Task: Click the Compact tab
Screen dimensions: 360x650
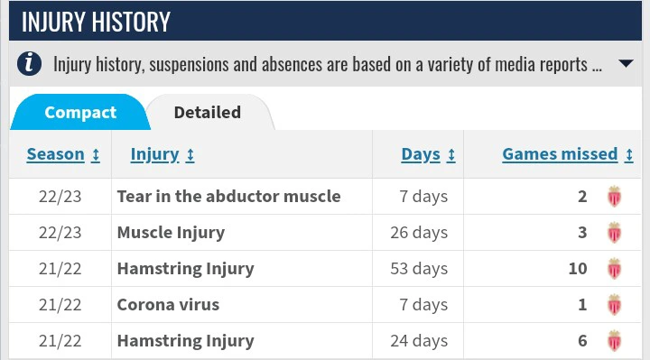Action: point(80,113)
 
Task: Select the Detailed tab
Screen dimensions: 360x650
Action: point(208,113)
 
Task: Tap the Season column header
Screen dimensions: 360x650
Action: point(62,154)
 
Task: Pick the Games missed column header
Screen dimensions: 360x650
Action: point(567,154)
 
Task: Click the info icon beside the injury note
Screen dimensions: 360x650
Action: point(31,64)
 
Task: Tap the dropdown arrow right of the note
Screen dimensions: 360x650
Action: point(625,64)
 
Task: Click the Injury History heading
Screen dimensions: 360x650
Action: point(95,22)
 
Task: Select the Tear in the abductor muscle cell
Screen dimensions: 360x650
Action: point(228,196)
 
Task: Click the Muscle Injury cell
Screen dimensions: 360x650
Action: point(171,232)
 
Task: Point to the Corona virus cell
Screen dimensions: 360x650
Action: point(168,304)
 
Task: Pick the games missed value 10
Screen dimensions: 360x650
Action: point(578,268)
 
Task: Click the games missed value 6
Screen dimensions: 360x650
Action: point(582,340)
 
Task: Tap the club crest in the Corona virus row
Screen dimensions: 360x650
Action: point(615,304)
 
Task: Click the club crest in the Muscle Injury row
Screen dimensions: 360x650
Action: point(615,232)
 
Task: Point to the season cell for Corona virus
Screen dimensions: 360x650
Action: point(60,304)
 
